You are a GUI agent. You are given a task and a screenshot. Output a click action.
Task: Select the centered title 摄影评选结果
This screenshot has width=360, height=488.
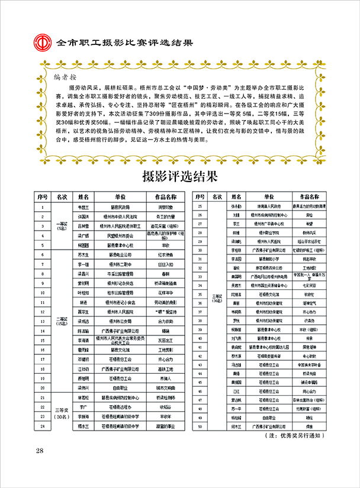click(180, 176)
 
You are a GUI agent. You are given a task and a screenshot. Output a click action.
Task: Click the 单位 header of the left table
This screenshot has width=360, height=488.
click(121, 197)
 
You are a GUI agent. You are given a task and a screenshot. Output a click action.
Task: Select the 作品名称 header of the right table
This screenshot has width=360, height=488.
click(309, 196)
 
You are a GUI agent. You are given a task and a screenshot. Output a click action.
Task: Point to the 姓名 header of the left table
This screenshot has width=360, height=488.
click(83, 197)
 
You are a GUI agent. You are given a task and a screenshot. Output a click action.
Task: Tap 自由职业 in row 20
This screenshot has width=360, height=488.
click(121, 387)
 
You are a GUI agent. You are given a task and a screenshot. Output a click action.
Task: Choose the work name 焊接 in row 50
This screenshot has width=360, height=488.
click(309, 425)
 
